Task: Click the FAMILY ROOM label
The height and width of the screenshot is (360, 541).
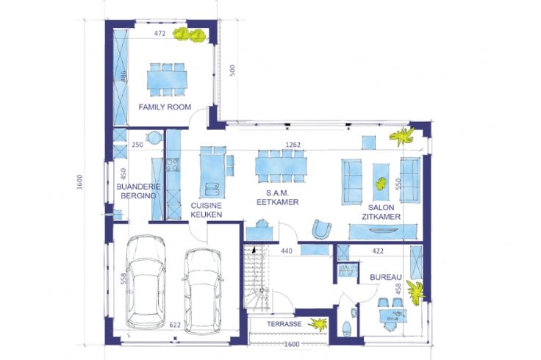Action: click(165, 107)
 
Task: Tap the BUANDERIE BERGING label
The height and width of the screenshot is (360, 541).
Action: click(138, 191)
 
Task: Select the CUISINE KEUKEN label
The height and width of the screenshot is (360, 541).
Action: click(207, 209)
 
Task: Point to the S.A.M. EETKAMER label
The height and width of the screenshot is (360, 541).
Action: click(277, 198)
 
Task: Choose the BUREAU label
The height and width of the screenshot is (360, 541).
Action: click(386, 277)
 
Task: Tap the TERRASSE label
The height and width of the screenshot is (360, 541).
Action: click(284, 324)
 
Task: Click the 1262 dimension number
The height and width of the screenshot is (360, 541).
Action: click(293, 145)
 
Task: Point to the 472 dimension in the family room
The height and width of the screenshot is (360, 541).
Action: click(160, 34)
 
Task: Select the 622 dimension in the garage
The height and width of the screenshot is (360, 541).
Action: click(175, 325)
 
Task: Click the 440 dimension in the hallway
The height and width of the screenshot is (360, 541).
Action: click(287, 251)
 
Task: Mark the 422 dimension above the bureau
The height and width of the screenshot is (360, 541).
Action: click(378, 251)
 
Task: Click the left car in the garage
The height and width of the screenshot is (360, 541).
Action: click(146, 281)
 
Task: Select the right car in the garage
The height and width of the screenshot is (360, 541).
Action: click(203, 292)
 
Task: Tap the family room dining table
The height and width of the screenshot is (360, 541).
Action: click(167, 79)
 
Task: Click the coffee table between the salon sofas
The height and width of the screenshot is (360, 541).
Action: click(381, 181)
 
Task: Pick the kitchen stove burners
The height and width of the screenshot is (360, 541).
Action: click(173, 165)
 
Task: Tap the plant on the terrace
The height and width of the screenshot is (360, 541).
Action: click(318, 324)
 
